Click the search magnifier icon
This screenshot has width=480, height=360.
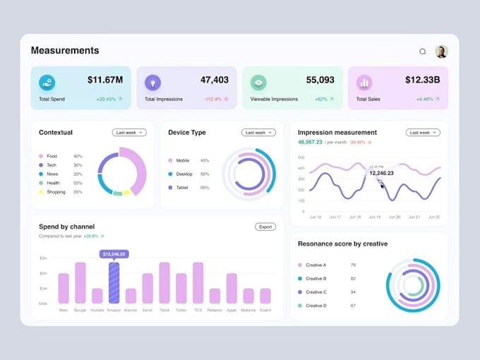423,52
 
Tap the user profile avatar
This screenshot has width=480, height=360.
441,52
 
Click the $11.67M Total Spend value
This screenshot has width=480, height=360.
105,80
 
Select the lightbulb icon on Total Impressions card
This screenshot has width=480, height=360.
152,83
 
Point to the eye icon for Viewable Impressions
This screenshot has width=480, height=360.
258,83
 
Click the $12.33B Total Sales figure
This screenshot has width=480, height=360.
422,80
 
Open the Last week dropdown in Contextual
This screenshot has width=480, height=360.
129,132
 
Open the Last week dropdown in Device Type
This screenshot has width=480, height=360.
258,132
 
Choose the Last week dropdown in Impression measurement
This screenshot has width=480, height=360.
423,132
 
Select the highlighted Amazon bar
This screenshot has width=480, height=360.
114,282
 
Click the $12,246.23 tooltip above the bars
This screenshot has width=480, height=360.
114,253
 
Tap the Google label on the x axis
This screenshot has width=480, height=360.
80,310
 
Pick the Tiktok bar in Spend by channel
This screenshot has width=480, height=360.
164,282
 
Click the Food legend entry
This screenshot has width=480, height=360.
52,156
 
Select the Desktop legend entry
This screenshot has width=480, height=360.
183,174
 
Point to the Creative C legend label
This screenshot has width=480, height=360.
315,292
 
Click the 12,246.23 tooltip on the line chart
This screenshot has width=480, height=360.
381,172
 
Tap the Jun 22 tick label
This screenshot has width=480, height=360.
434,217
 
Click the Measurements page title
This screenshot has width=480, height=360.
65,51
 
